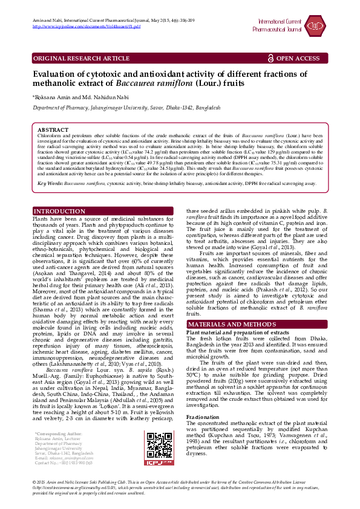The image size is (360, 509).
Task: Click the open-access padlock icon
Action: pyautogui.click(x=270, y=59)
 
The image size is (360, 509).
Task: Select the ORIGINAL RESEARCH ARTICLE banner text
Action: pyautogui.click(x=81, y=59)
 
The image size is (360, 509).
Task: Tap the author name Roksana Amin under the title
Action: pyautogui.click(x=51, y=97)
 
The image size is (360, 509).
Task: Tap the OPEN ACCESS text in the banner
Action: pyautogui.click(x=298, y=59)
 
